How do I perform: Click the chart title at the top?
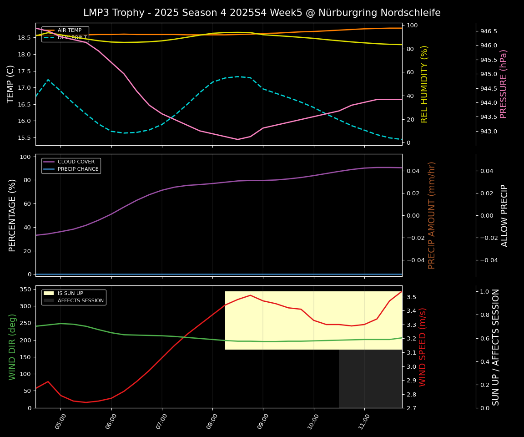[262, 13]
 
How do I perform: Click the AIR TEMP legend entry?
[69, 30]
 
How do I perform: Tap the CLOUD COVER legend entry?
[76, 162]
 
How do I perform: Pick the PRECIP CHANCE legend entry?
[78, 169]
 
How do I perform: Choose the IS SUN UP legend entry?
[70, 294]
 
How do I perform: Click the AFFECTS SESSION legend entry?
[81, 300]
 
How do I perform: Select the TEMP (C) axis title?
[11, 84]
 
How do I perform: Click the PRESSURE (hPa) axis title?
[504, 84]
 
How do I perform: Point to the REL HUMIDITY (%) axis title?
[424, 84]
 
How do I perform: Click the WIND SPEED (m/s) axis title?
[423, 347]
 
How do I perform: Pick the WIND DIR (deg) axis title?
[12, 347]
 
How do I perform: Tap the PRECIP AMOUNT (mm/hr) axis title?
[432, 215]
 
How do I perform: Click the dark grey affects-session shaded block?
[370, 379]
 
